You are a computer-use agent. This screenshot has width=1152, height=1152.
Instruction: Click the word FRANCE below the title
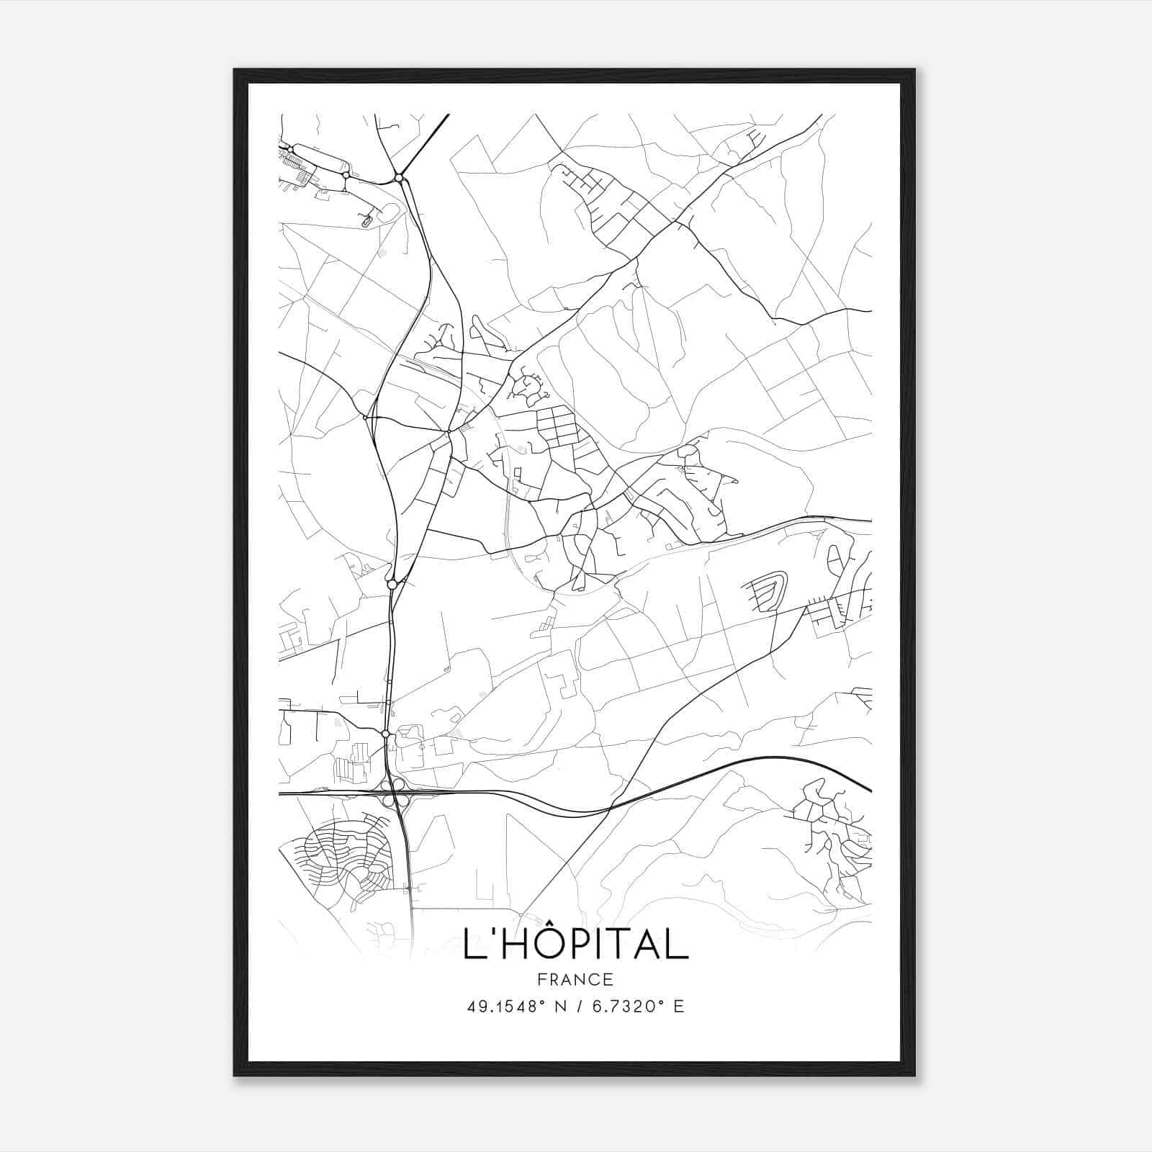tap(575, 980)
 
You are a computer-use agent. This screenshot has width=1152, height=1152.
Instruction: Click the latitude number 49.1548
tap(500, 1007)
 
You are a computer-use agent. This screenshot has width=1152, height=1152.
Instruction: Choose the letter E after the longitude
tap(678, 1007)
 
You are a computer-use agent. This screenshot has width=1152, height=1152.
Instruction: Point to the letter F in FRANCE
tap(540, 980)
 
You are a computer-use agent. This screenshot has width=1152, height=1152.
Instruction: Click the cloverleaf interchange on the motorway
tap(394, 796)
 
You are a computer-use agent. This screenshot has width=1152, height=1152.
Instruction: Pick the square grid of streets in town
tap(558, 425)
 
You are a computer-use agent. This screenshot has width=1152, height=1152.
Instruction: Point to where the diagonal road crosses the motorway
tap(611, 809)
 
